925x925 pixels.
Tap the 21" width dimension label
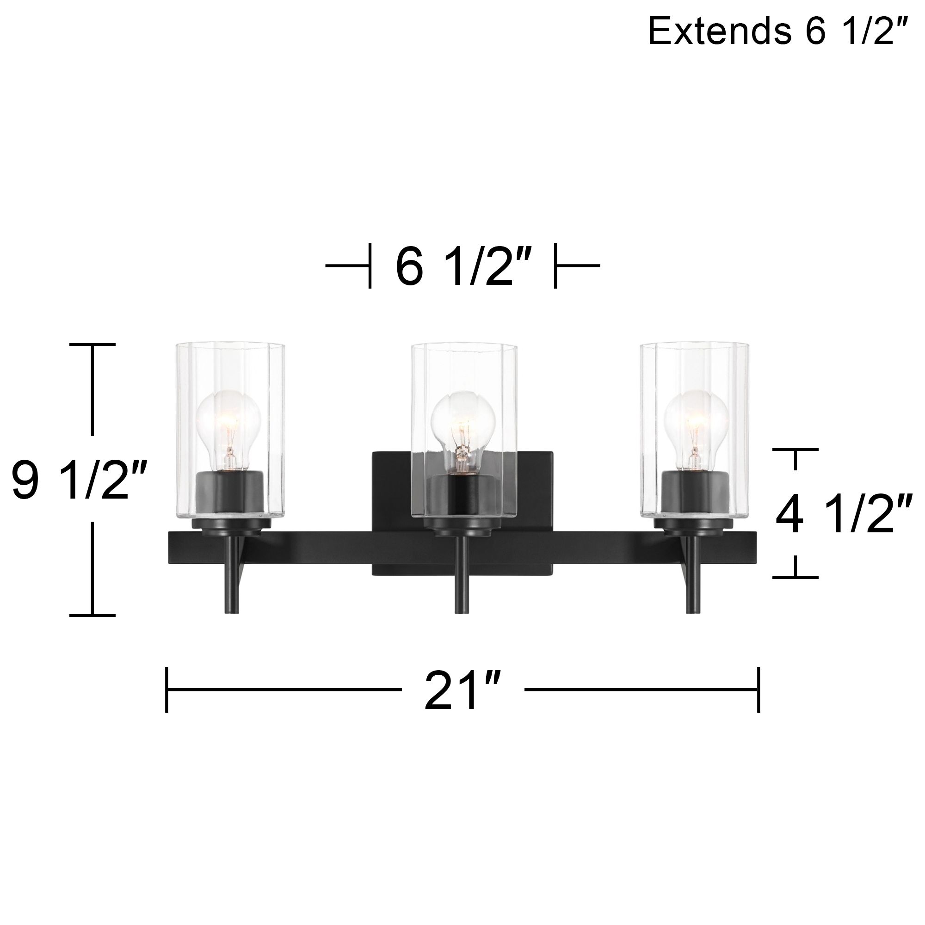[462, 691]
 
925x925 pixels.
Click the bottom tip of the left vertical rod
[233, 611]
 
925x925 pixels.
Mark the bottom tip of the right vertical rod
[692, 611]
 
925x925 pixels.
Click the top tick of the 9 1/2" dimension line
[92, 344]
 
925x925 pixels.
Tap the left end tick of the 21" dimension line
[166, 690]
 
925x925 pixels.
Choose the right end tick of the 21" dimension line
[758, 690]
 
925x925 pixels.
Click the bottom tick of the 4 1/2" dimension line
[795, 578]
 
